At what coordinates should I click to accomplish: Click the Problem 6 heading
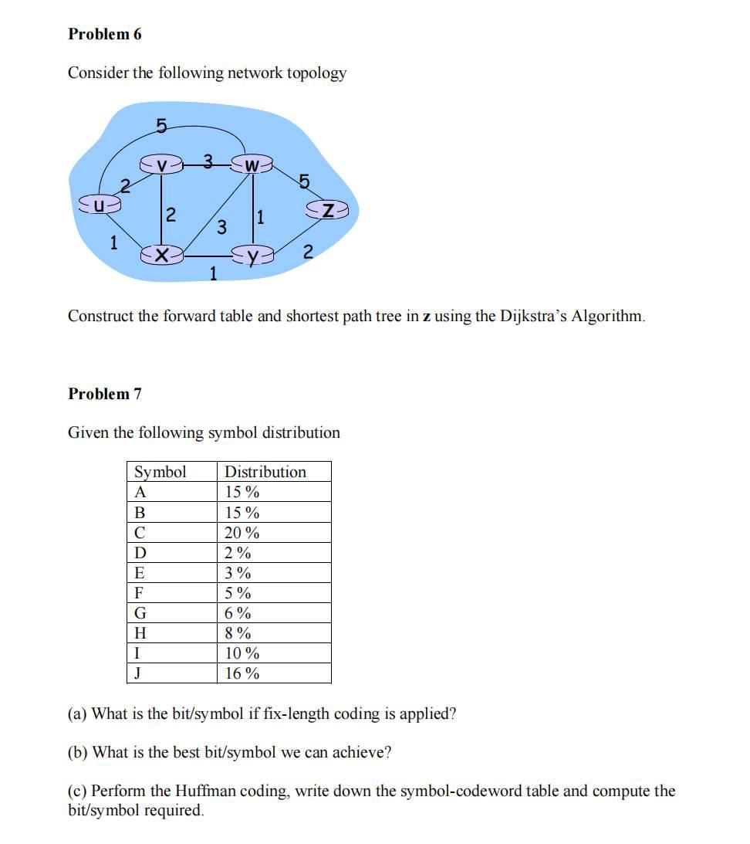tap(105, 34)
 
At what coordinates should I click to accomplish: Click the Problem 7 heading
tap(105, 394)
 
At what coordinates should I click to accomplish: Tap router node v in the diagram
tap(161, 165)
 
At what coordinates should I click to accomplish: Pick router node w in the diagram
tap(251, 165)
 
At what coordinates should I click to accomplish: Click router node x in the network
tap(161, 254)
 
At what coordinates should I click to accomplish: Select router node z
tap(328, 209)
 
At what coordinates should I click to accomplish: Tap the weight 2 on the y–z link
tap(307, 252)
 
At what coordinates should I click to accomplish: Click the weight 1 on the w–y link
tap(260, 218)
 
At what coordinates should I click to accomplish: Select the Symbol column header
tap(160, 472)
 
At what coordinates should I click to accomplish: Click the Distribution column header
tap(265, 472)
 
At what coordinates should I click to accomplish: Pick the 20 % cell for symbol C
tap(242, 533)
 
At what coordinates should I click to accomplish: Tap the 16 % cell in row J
tap(242, 673)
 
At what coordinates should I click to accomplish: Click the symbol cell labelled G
tap(140, 613)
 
